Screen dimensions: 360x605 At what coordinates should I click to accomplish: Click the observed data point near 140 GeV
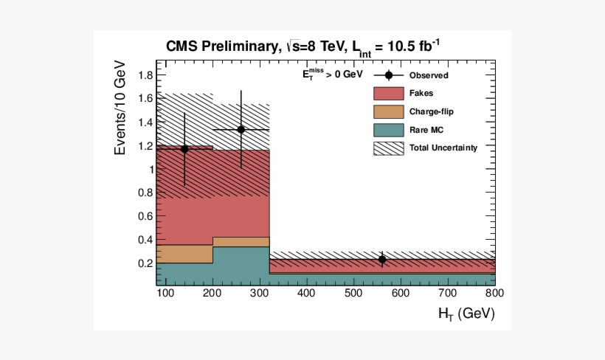tap(184, 149)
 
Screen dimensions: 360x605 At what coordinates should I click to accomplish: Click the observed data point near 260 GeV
tap(241, 129)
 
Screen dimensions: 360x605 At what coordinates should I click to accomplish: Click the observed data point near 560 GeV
tap(382, 259)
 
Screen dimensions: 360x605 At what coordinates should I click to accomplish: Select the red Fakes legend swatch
tap(388, 94)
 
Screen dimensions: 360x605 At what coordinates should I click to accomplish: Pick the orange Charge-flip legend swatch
tap(388, 112)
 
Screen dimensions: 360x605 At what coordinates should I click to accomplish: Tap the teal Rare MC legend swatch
tap(388, 130)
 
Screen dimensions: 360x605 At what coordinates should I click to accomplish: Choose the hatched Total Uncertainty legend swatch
tap(388, 148)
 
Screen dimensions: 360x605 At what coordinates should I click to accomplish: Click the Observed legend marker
tap(389, 75)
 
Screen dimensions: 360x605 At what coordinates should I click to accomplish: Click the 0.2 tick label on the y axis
tap(145, 263)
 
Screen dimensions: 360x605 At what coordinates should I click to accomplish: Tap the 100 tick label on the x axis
tap(165, 294)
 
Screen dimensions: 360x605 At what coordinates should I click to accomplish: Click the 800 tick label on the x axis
tap(495, 294)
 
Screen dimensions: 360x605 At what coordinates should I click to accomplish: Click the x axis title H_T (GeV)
tap(466, 314)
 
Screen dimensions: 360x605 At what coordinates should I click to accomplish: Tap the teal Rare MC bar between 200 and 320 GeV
tap(241, 266)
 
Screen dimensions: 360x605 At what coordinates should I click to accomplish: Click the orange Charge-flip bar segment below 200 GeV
tap(184, 254)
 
